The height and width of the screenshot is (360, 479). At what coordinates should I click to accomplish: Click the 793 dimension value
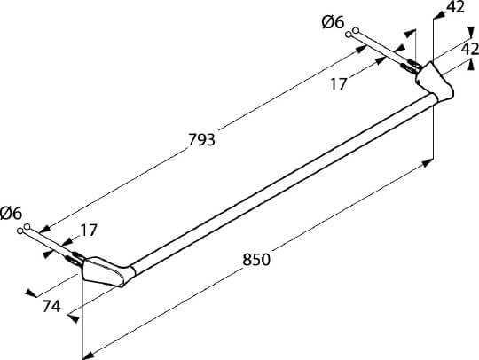tap(201, 140)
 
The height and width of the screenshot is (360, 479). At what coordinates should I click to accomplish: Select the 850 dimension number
tap(256, 260)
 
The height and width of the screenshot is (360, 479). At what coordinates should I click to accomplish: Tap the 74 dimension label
tap(51, 306)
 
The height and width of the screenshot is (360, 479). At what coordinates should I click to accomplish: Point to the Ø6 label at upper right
tap(333, 22)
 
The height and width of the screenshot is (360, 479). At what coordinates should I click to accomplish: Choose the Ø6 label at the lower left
tap(12, 213)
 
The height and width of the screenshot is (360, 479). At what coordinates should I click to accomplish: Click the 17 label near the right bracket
tap(339, 84)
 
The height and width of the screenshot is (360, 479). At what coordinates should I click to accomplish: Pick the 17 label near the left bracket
tap(89, 231)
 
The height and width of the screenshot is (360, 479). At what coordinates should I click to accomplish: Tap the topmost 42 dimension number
tap(455, 7)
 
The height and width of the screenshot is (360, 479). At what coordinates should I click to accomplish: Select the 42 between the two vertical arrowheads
tap(470, 49)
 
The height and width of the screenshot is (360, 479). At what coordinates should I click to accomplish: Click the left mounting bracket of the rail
tap(104, 271)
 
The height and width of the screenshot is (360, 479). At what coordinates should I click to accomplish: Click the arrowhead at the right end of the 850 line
tap(428, 162)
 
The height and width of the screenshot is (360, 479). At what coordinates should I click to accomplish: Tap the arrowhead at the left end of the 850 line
tap(88, 355)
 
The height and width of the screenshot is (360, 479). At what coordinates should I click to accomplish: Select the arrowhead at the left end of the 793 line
tap(44, 229)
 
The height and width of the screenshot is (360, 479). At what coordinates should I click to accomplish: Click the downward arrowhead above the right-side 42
tap(471, 33)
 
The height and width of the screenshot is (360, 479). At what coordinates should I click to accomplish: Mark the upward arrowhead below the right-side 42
tap(471, 66)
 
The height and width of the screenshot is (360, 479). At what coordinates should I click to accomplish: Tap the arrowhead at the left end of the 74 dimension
tap(31, 293)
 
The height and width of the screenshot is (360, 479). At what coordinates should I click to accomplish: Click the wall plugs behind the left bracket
tap(75, 257)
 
